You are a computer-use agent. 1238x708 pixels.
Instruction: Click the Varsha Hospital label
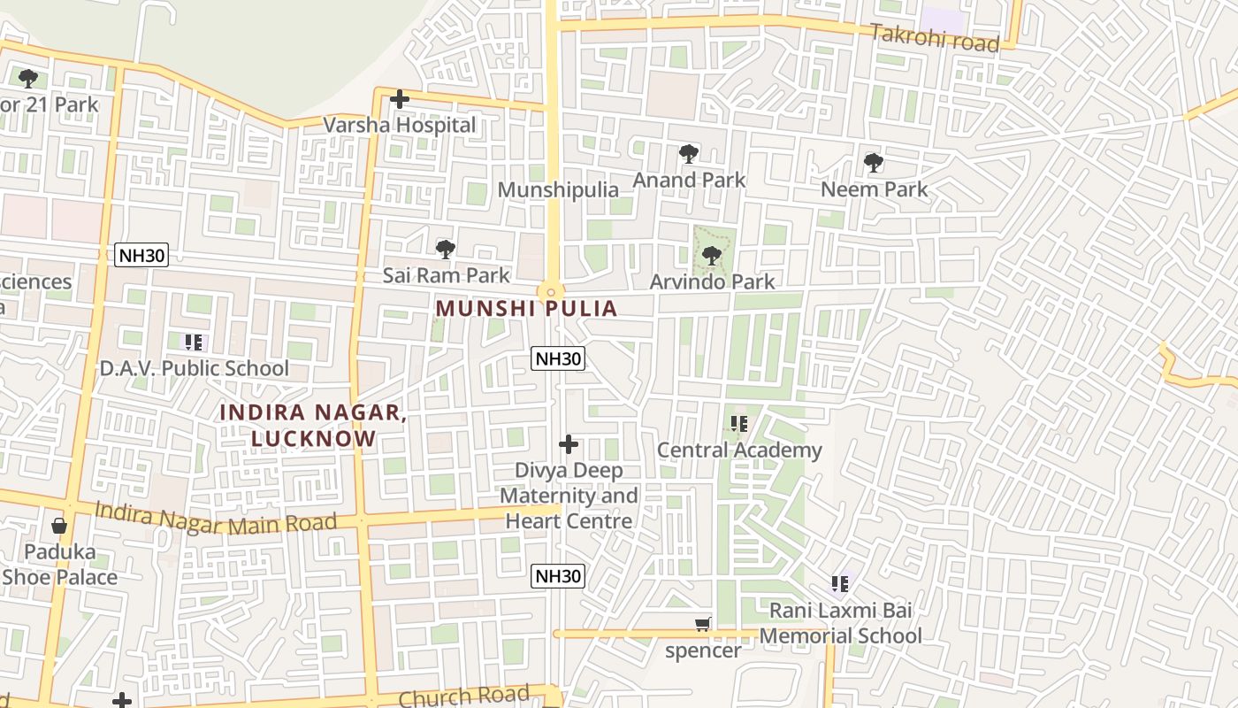400,125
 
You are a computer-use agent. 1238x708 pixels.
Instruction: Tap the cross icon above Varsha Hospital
400,99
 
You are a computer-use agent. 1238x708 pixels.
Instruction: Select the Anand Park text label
689,180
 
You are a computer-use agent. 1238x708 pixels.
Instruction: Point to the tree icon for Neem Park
874,163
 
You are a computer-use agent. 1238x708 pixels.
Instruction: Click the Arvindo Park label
712,281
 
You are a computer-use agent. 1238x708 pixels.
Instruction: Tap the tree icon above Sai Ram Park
446,249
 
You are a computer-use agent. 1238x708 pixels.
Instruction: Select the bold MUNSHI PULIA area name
526,308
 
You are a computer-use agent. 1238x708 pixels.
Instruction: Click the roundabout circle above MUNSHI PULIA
550,291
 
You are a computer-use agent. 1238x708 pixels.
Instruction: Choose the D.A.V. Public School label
194,368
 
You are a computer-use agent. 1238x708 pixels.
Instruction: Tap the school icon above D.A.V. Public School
194,342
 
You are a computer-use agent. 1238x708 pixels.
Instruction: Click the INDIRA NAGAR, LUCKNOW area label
313,425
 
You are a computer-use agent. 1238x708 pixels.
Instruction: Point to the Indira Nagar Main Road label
216,518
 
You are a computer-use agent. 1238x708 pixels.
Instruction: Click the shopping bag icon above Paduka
59,526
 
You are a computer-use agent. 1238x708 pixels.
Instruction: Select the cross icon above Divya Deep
569,444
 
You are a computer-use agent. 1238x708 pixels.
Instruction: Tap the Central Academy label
739,450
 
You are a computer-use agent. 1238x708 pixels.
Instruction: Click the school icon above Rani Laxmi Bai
840,584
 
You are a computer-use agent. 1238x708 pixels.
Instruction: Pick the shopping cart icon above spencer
703,625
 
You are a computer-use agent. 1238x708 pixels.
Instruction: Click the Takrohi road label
935,38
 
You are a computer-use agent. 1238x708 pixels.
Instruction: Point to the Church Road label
463,696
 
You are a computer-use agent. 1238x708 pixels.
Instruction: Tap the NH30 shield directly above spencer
558,576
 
